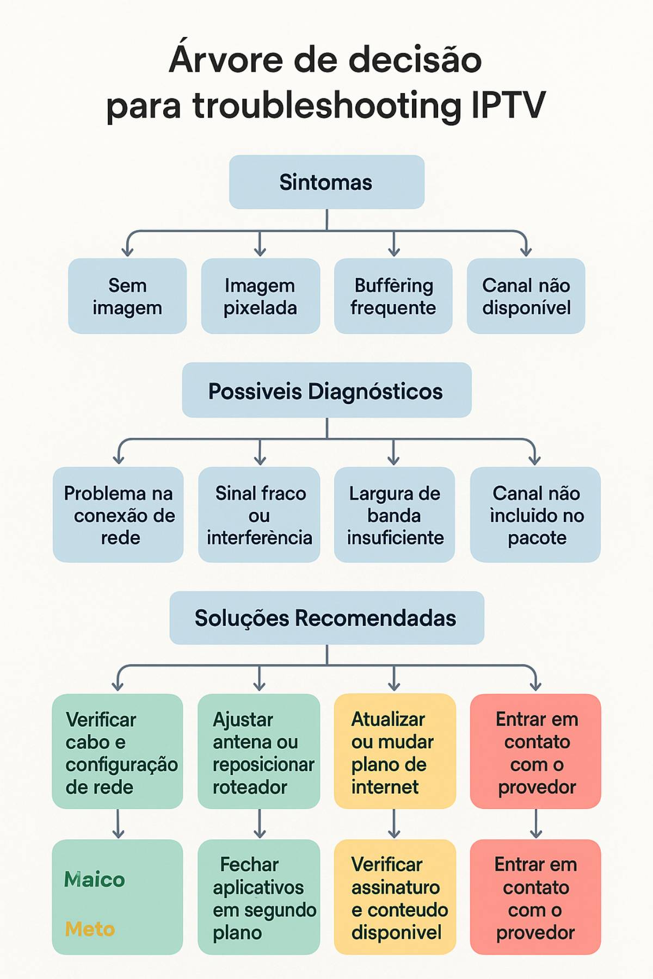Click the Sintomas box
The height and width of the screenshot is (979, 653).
coord(326,182)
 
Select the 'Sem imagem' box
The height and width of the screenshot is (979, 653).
coord(127,296)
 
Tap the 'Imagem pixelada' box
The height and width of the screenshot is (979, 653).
coord(260,296)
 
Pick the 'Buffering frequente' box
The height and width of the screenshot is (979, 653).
coord(393,296)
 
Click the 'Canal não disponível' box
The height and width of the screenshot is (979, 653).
coord(526,296)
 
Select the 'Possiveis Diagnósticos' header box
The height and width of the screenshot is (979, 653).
coord(326,391)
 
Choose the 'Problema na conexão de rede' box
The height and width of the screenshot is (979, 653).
coord(118,515)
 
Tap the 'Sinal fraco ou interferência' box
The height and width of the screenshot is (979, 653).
coord(259,515)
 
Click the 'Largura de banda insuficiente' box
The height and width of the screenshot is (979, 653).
coord(395,515)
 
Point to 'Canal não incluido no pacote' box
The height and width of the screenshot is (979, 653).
coord(535,515)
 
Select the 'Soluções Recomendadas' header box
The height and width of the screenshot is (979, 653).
coord(326,618)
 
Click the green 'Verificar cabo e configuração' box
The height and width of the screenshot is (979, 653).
coord(118,751)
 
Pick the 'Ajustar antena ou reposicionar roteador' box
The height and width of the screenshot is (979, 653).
coord(259,751)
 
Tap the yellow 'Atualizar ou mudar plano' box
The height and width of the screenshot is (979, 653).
coord(395,751)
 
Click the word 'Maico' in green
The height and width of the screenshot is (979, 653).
coord(94,879)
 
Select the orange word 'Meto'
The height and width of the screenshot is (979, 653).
coord(90,929)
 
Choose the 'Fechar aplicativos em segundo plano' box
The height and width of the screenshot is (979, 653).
coord(259,897)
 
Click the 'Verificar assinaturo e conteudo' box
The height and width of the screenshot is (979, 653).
coord(395,897)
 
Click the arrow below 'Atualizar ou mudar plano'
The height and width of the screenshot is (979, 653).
coord(394,824)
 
